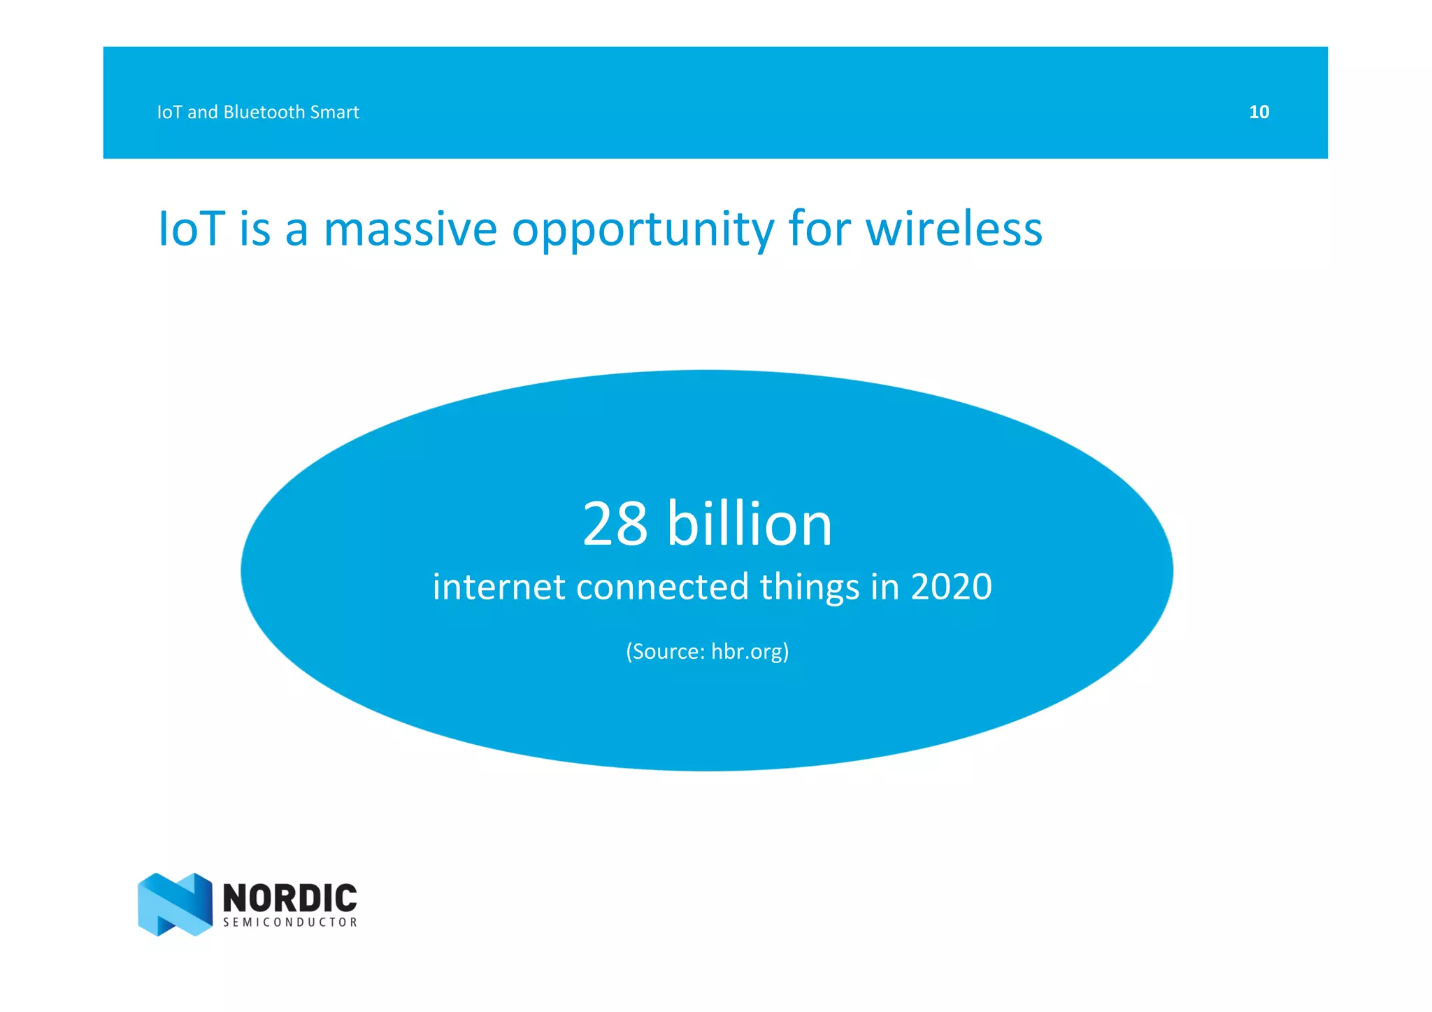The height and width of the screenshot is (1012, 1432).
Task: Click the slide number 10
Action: click(x=1259, y=112)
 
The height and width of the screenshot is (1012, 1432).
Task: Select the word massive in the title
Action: click(x=410, y=229)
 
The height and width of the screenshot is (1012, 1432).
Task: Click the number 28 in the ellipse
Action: click(x=615, y=524)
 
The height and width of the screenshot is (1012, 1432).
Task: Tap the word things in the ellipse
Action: click(x=810, y=587)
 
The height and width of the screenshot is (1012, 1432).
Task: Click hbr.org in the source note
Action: click(x=747, y=651)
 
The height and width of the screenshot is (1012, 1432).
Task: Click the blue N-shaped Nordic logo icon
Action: click(x=175, y=904)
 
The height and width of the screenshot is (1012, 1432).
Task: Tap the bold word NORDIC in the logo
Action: click(x=289, y=897)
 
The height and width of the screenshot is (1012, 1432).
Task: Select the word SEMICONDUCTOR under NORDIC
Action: click(x=289, y=922)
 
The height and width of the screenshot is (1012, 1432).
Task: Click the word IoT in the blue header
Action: click(x=169, y=112)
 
